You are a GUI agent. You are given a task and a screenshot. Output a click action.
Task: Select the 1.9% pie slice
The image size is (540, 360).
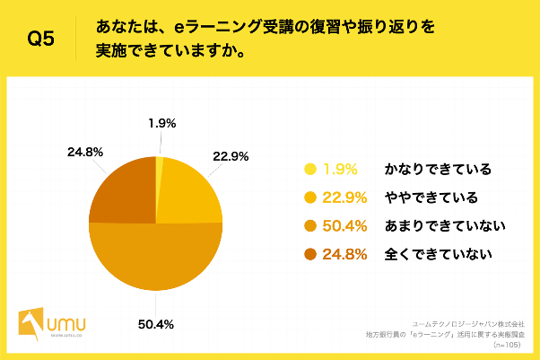click(x=160, y=162)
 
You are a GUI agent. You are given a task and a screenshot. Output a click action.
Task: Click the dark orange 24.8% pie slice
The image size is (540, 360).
click(x=124, y=192)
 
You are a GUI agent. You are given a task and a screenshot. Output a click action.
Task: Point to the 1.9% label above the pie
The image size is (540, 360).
click(x=162, y=123)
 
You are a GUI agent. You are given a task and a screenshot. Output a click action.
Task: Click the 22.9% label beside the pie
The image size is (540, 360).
click(x=230, y=155)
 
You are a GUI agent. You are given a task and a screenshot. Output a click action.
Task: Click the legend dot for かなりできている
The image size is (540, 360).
click(x=311, y=169)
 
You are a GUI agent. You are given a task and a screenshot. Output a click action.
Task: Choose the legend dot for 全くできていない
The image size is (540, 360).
click(x=311, y=255)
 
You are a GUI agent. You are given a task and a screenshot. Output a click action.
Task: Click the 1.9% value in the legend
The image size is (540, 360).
click(x=344, y=169)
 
